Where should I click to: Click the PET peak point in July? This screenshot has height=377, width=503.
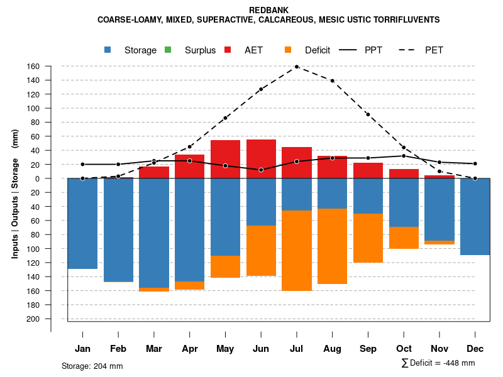coord(297,67)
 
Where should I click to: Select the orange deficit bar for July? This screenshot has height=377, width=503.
coord(297,251)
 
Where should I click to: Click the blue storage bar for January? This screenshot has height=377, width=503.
coord(82,224)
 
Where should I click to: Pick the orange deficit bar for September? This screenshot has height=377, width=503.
coord(368,238)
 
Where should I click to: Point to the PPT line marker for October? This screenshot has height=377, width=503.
coord(404,156)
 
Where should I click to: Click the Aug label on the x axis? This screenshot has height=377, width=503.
coord(332,349)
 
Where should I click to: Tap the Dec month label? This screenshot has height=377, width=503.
coord(475,349)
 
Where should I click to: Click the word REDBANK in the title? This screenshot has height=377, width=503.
coord(268,11)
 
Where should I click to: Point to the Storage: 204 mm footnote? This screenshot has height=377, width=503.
coord(92,366)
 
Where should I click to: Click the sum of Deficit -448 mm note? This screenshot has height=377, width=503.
coord(438,363)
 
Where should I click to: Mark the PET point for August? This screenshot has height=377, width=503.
coord(332,80)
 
